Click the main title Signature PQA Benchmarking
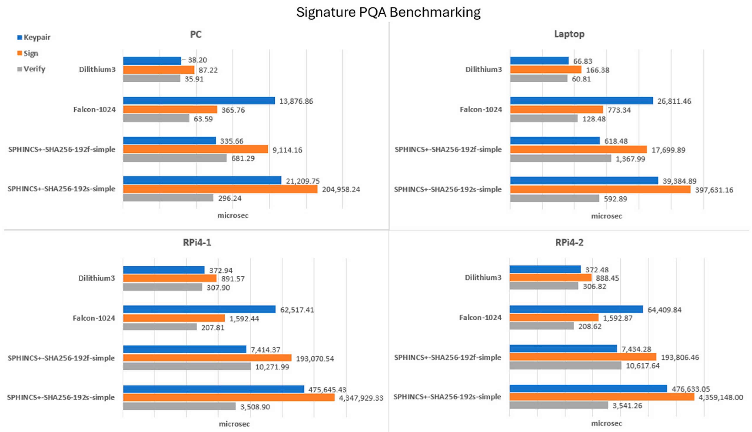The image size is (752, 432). (388, 12)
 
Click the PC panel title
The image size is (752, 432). (196, 34)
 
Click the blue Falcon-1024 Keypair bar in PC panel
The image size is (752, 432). (199, 101)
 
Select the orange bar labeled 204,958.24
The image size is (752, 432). (220, 189)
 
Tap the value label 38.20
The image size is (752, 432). (197, 60)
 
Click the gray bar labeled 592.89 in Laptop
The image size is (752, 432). (554, 198)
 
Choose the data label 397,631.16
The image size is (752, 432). (714, 190)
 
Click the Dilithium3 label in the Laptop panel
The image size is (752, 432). (483, 70)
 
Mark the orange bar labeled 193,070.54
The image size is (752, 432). (207, 358)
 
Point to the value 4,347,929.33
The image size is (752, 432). (361, 398)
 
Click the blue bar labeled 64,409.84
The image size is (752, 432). (576, 309)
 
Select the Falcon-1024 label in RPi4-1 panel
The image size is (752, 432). (94, 318)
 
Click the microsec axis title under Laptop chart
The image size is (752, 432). (606, 216)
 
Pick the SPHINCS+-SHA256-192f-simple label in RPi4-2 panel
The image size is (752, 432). (447, 357)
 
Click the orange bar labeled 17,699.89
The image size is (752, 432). (578, 149)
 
